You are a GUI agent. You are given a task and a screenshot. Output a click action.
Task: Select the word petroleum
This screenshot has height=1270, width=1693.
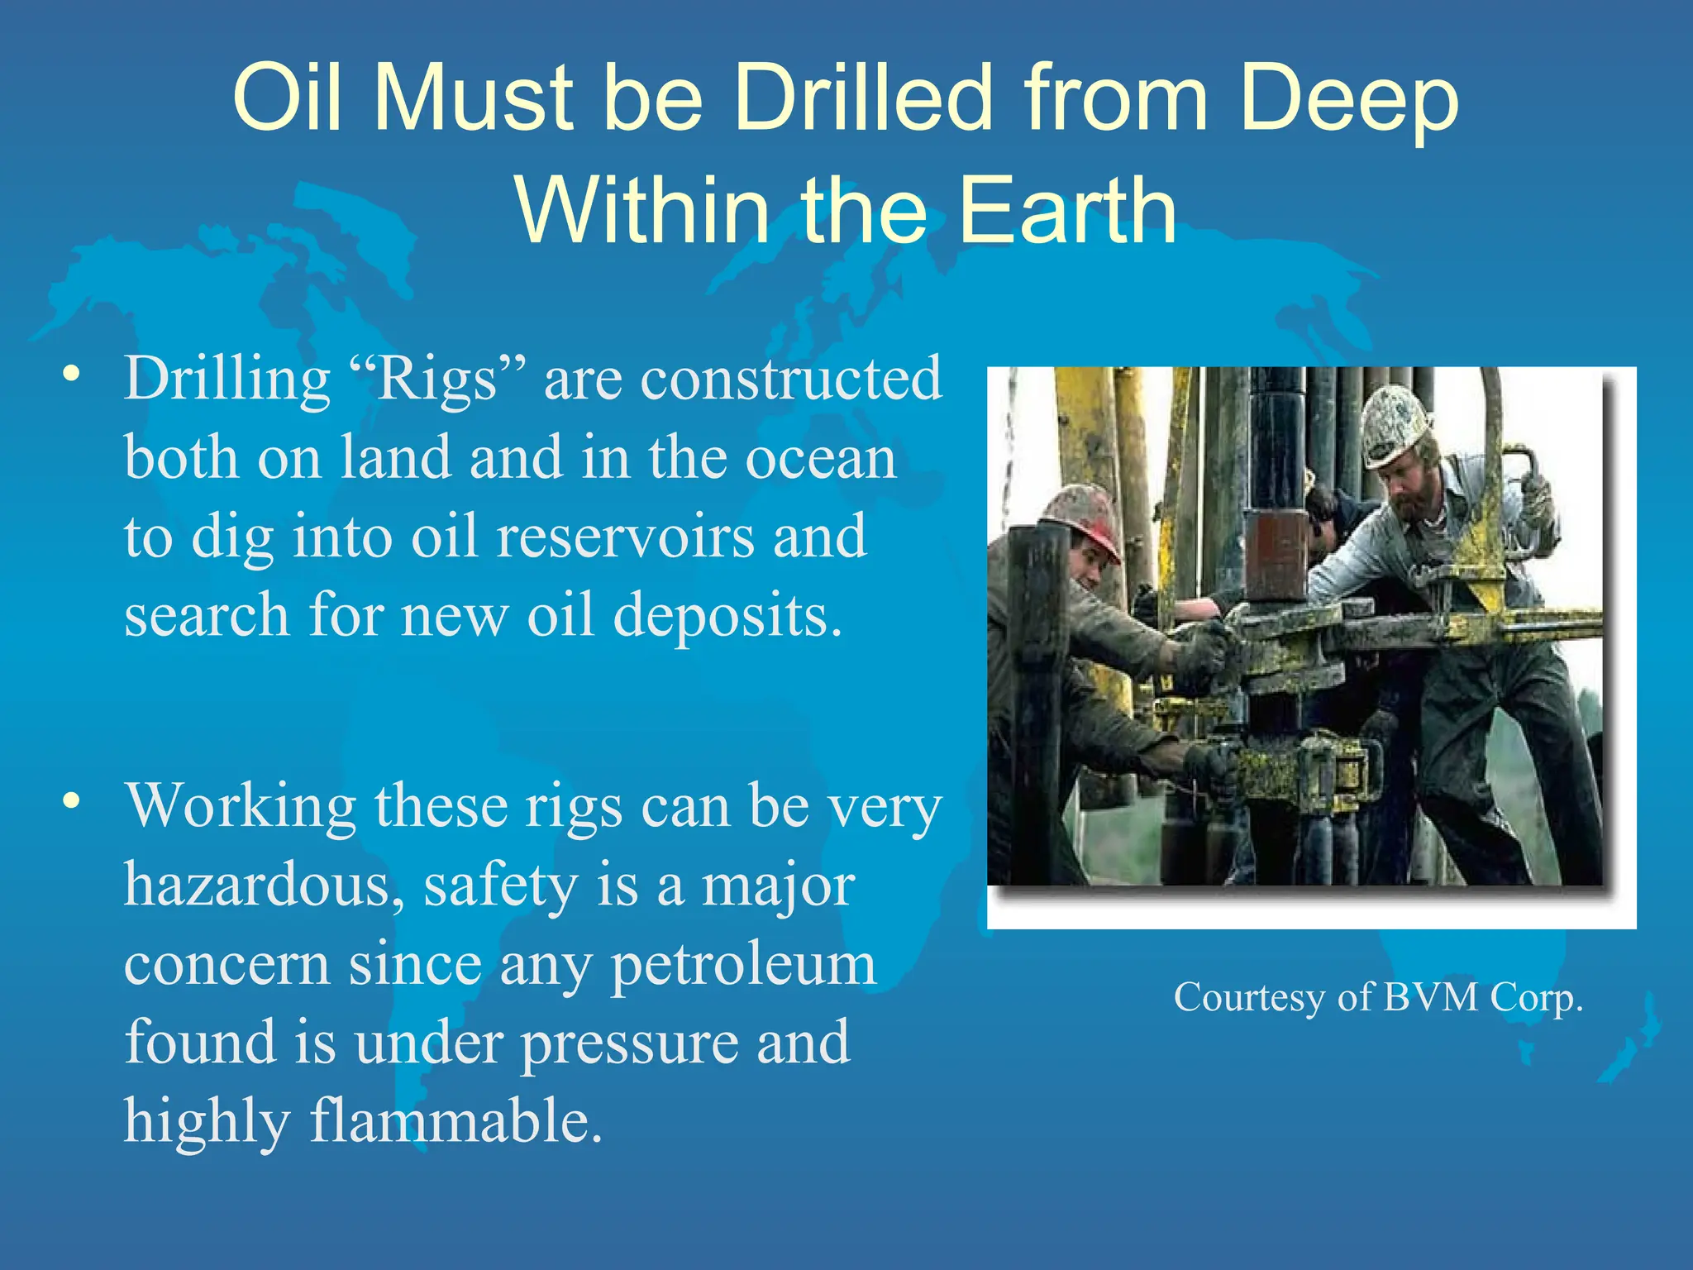tap(743, 964)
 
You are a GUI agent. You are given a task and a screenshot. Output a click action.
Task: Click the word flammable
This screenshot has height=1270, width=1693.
tap(455, 1122)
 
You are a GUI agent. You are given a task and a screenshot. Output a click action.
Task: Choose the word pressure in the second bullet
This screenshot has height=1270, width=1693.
tap(628, 1043)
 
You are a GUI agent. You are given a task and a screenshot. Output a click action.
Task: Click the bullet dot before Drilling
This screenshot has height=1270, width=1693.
tap(73, 374)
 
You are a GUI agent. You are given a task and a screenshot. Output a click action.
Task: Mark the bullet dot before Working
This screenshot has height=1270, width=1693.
tap(73, 801)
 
